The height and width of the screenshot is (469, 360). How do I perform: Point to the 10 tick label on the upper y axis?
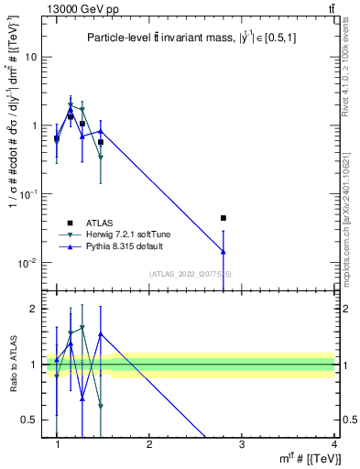click(x=29, y=57)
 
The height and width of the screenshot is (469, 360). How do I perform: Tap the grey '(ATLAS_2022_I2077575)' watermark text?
click(x=191, y=274)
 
